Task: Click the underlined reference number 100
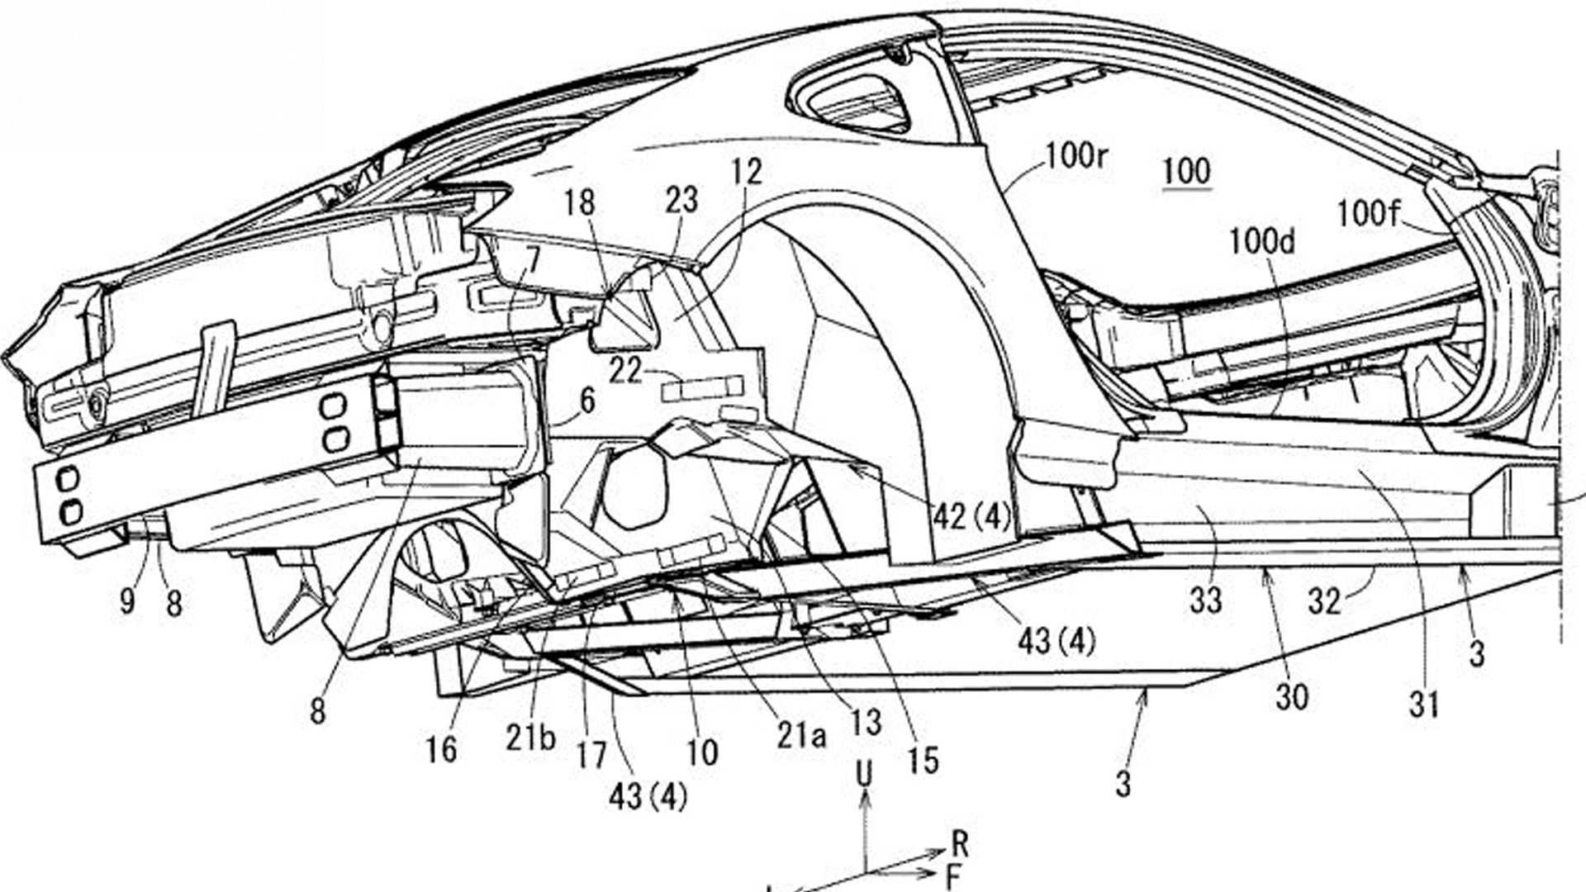1186,172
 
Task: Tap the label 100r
1076,156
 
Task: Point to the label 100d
1261,242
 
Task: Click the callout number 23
681,201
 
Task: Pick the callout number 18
580,202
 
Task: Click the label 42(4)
971,517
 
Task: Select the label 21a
800,736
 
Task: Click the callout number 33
1205,600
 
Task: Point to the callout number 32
1323,602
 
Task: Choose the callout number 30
1292,698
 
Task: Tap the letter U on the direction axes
864,775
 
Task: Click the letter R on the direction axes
959,844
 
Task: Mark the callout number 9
126,601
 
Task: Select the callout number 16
441,749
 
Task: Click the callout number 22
625,371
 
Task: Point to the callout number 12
746,172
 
